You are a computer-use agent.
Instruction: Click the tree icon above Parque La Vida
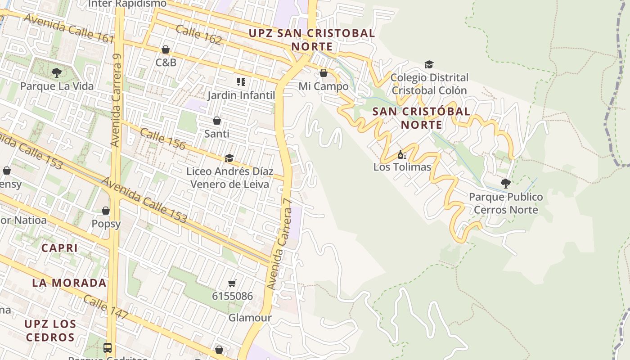point(56,72)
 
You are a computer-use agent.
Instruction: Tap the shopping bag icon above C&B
point(166,49)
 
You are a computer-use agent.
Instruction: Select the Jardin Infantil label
point(241,95)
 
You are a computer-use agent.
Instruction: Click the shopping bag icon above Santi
point(217,121)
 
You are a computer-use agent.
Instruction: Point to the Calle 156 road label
point(162,139)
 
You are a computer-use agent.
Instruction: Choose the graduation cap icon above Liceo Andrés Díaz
point(229,158)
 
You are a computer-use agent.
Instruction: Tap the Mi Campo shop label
point(324,86)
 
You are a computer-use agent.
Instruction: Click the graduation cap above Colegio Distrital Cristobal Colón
point(429,64)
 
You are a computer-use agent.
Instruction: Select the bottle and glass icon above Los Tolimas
point(402,154)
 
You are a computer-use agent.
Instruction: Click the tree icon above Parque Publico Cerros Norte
point(505,183)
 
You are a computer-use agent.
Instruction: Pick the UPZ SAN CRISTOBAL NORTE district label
point(312,40)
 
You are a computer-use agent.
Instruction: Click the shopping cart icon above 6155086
point(232,283)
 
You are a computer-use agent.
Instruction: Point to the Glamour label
point(250,318)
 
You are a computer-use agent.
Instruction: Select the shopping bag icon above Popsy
point(106,211)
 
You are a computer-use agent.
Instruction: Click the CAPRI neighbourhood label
point(60,248)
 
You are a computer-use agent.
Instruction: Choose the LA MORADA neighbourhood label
point(69,283)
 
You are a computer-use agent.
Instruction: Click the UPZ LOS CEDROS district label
point(50,330)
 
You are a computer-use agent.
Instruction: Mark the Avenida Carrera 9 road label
point(117,100)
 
